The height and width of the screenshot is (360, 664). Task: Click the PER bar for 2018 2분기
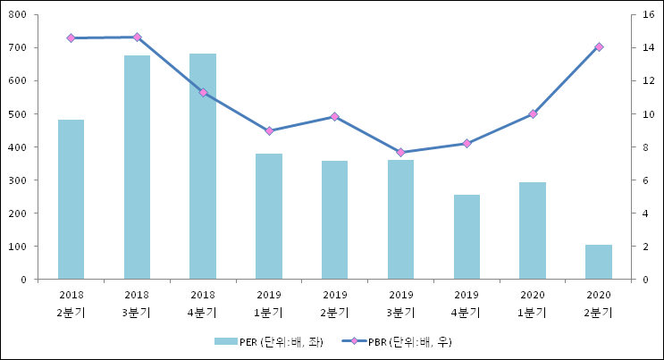(71, 199)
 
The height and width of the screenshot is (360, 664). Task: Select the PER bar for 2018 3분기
(137, 167)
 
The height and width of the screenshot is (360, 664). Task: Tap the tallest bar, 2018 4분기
(203, 166)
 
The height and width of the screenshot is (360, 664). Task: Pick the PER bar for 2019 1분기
(269, 216)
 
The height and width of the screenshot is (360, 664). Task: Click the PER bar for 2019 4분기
(466, 237)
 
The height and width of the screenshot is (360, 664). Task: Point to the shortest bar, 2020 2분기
(599, 262)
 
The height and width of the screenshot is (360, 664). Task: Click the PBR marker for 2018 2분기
(71, 38)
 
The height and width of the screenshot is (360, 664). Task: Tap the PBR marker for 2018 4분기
(203, 92)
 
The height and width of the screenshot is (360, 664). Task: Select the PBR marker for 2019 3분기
(400, 153)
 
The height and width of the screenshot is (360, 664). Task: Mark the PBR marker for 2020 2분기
(599, 46)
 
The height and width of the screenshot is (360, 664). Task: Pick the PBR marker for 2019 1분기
(269, 130)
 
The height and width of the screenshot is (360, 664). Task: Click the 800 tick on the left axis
(18, 15)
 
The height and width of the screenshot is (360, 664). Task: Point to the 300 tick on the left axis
(18, 180)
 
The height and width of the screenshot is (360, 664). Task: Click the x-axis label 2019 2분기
(335, 303)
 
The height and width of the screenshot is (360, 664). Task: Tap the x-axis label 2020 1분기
(533, 303)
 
